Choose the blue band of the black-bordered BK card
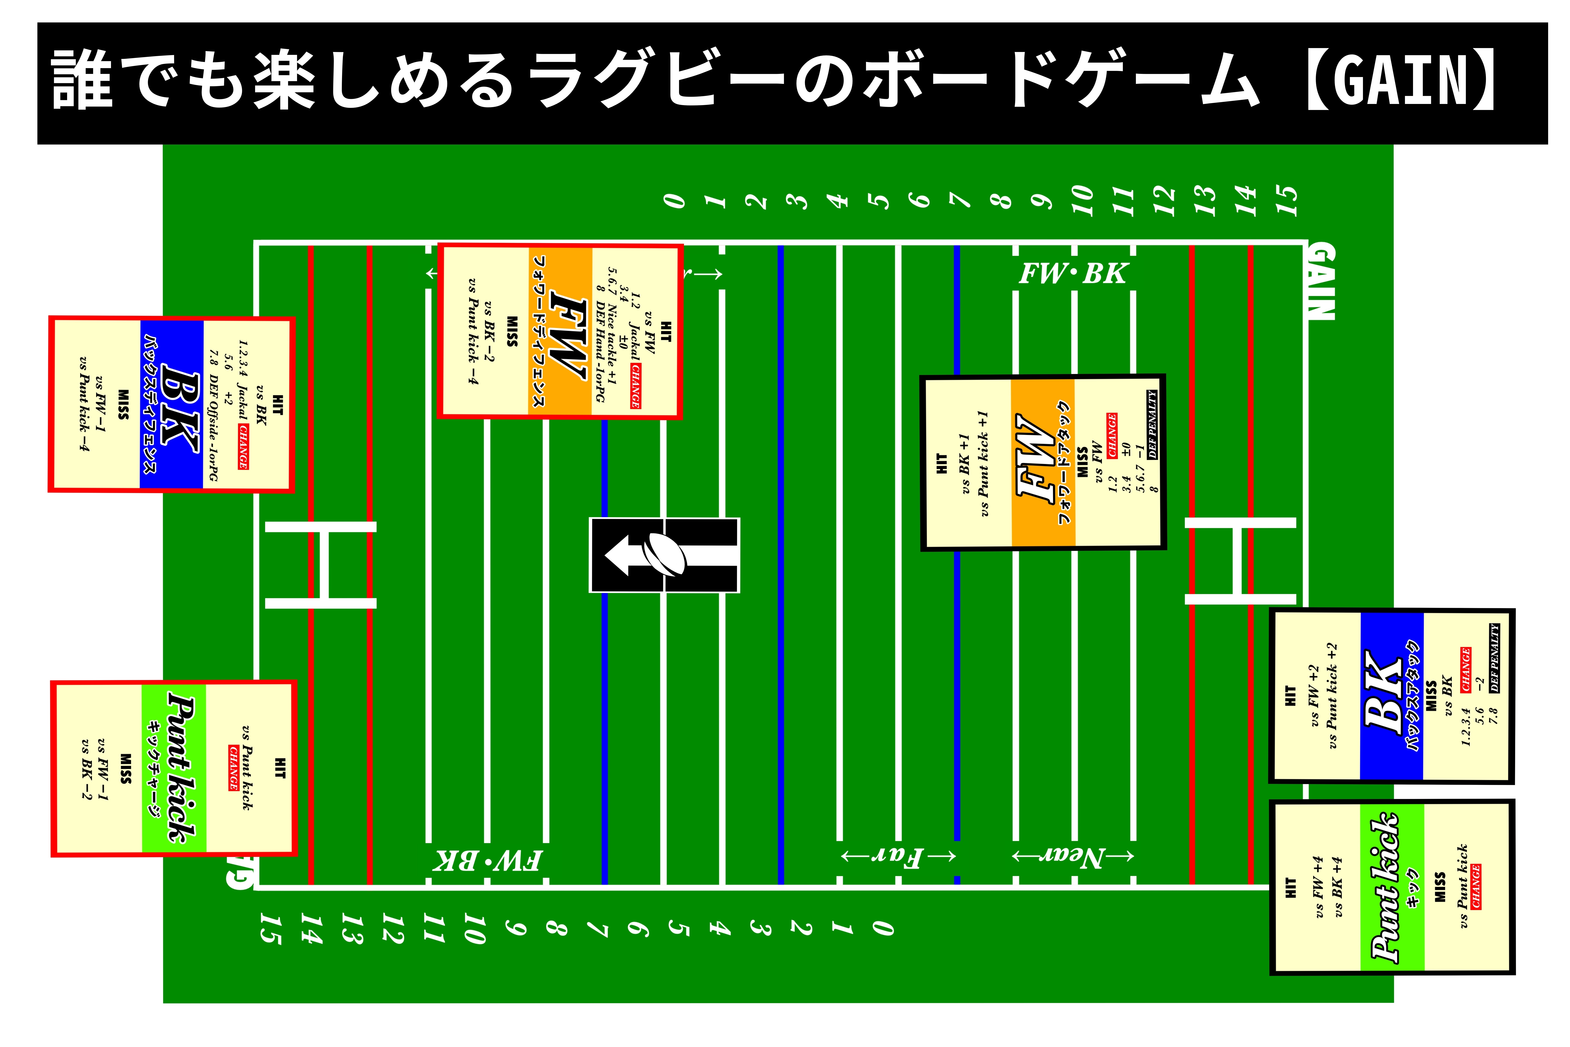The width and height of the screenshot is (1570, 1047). click(1392, 696)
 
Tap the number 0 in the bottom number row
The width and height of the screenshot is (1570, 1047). click(882, 928)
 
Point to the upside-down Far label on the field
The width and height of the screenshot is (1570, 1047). click(898, 857)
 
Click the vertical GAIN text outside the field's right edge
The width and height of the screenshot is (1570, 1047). click(1320, 282)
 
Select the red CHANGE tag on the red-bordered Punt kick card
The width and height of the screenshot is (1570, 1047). click(234, 768)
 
